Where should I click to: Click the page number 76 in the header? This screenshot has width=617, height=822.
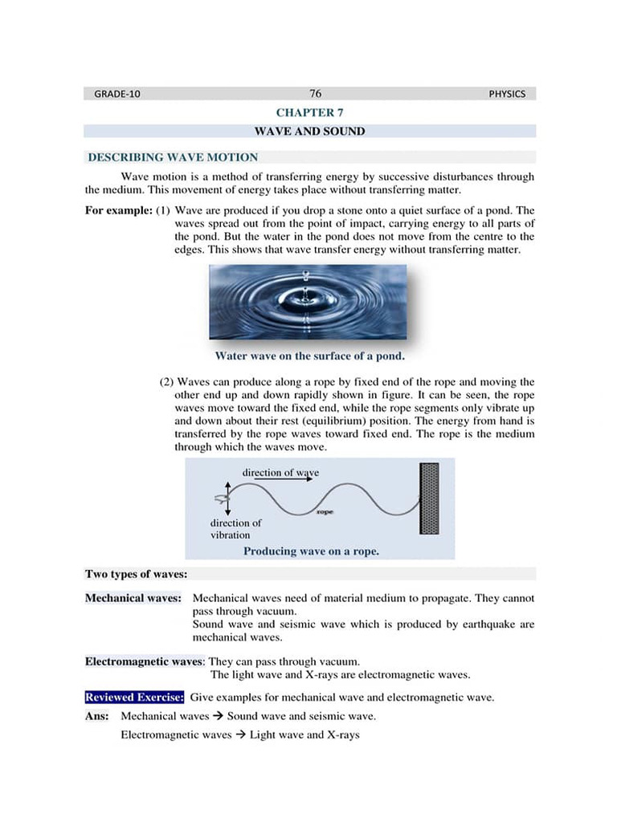coord(315,93)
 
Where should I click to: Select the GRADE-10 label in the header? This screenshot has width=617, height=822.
coord(116,94)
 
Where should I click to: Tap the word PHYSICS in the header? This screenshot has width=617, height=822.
coord(506,94)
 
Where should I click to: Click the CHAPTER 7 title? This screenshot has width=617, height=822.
coord(309,113)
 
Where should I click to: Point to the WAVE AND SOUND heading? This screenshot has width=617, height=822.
coord(309,131)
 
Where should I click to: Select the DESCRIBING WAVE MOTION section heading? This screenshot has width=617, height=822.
coord(173,157)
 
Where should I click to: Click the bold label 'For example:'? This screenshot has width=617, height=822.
coord(118,210)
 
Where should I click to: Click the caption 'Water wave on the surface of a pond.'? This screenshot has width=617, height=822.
coord(309,356)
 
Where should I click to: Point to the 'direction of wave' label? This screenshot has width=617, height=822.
coord(280,473)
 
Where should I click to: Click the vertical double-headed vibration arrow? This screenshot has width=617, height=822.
coord(228,498)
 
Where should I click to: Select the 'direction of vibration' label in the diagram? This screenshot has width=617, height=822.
coord(235,529)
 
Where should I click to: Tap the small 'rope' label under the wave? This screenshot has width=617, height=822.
coord(325,512)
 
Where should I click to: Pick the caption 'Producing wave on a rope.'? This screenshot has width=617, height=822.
coord(311,551)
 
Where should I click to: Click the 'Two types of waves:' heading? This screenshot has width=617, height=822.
coord(137,574)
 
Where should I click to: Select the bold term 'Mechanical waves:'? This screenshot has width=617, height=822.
coord(133,598)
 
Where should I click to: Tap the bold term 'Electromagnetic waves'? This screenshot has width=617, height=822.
coord(140,661)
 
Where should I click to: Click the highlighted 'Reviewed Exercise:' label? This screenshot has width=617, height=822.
coord(134,697)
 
